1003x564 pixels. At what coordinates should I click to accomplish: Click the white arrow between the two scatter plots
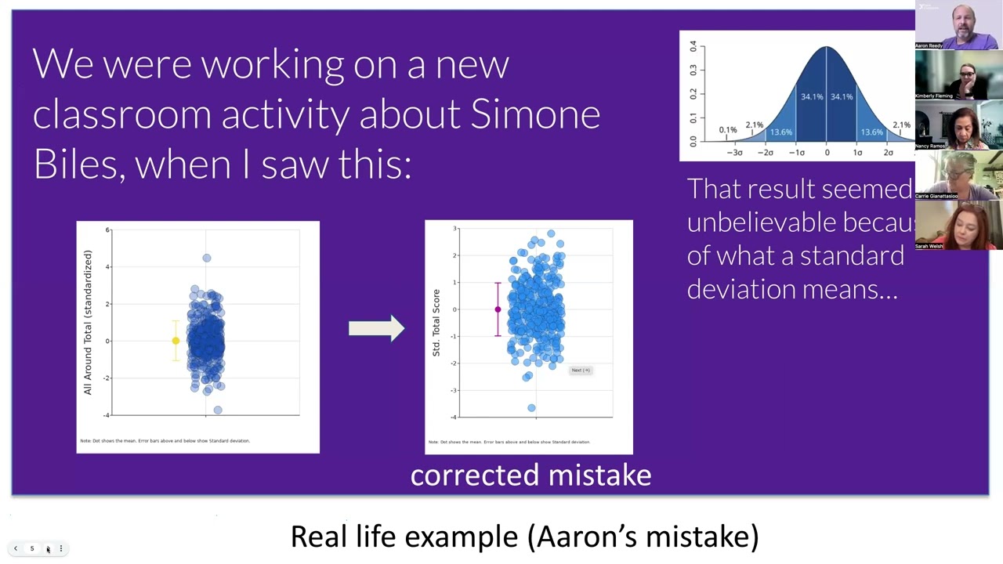[x=376, y=328]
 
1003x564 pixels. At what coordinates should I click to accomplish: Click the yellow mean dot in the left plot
[x=176, y=341]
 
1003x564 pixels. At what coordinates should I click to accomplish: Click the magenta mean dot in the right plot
[x=498, y=309]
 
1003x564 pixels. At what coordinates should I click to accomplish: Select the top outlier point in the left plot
[x=207, y=258]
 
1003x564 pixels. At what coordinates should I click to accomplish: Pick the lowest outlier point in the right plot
[x=531, y=408]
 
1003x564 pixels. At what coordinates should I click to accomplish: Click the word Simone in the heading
[x=535, y=114]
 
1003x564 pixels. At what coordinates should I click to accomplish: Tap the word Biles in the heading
[x=78, y=164]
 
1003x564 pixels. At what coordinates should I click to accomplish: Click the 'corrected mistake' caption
[x=530, y=475]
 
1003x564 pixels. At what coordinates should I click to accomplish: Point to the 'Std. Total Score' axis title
[x=436, y=323]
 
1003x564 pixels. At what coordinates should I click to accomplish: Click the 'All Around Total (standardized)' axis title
[x=88, y=322]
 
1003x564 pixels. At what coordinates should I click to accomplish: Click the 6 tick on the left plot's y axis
[x=108, y=230]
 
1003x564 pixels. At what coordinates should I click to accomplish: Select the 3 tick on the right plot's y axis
[x=455, y=229]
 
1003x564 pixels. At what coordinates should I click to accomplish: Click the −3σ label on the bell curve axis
[x=734, y=153]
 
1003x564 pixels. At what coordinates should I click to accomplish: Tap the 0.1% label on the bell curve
[x=728, y=130]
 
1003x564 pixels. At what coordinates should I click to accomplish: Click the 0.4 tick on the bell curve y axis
[x=693, y=47]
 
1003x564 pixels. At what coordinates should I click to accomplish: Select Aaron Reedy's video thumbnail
[x=958, y=26]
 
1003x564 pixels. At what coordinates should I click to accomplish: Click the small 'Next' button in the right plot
[x=581, y=371]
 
